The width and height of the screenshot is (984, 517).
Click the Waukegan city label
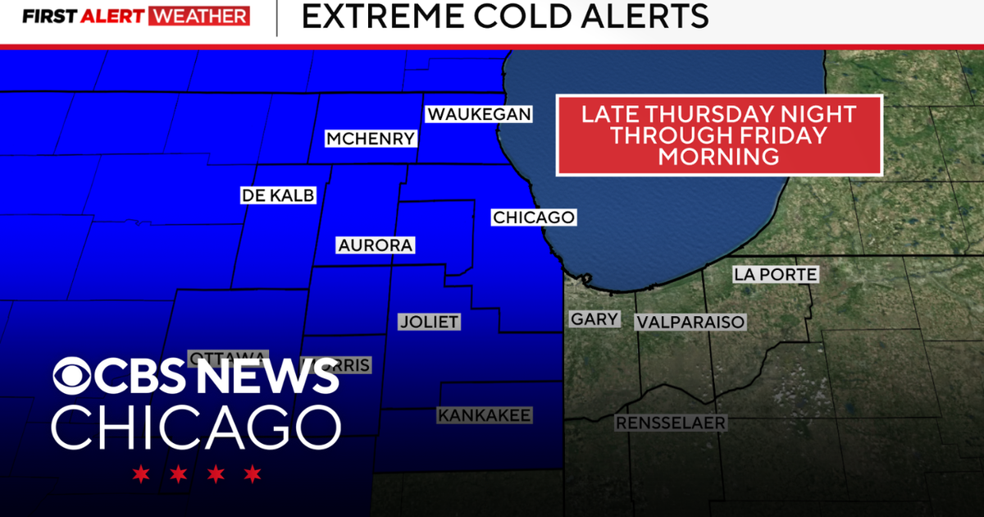coord(478,114)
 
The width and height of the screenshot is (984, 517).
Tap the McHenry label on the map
coord(371,139)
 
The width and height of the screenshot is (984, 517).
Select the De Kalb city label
coord(278,195)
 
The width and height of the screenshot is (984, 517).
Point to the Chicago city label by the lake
coord(533,217)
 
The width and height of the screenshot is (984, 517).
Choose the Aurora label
coord(376,245)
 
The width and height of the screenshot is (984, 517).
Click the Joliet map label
coord(429,322)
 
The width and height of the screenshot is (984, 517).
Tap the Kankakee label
coord(484,415)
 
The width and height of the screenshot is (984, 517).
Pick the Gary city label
coord(594,319)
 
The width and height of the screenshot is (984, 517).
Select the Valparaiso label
coord(690,322)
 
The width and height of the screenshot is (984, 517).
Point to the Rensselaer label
coord(670,423)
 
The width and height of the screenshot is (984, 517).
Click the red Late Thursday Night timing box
coord(719,135)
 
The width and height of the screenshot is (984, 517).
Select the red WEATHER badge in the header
coord(199,16)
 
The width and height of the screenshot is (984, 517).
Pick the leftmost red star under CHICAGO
coord(142,474)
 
